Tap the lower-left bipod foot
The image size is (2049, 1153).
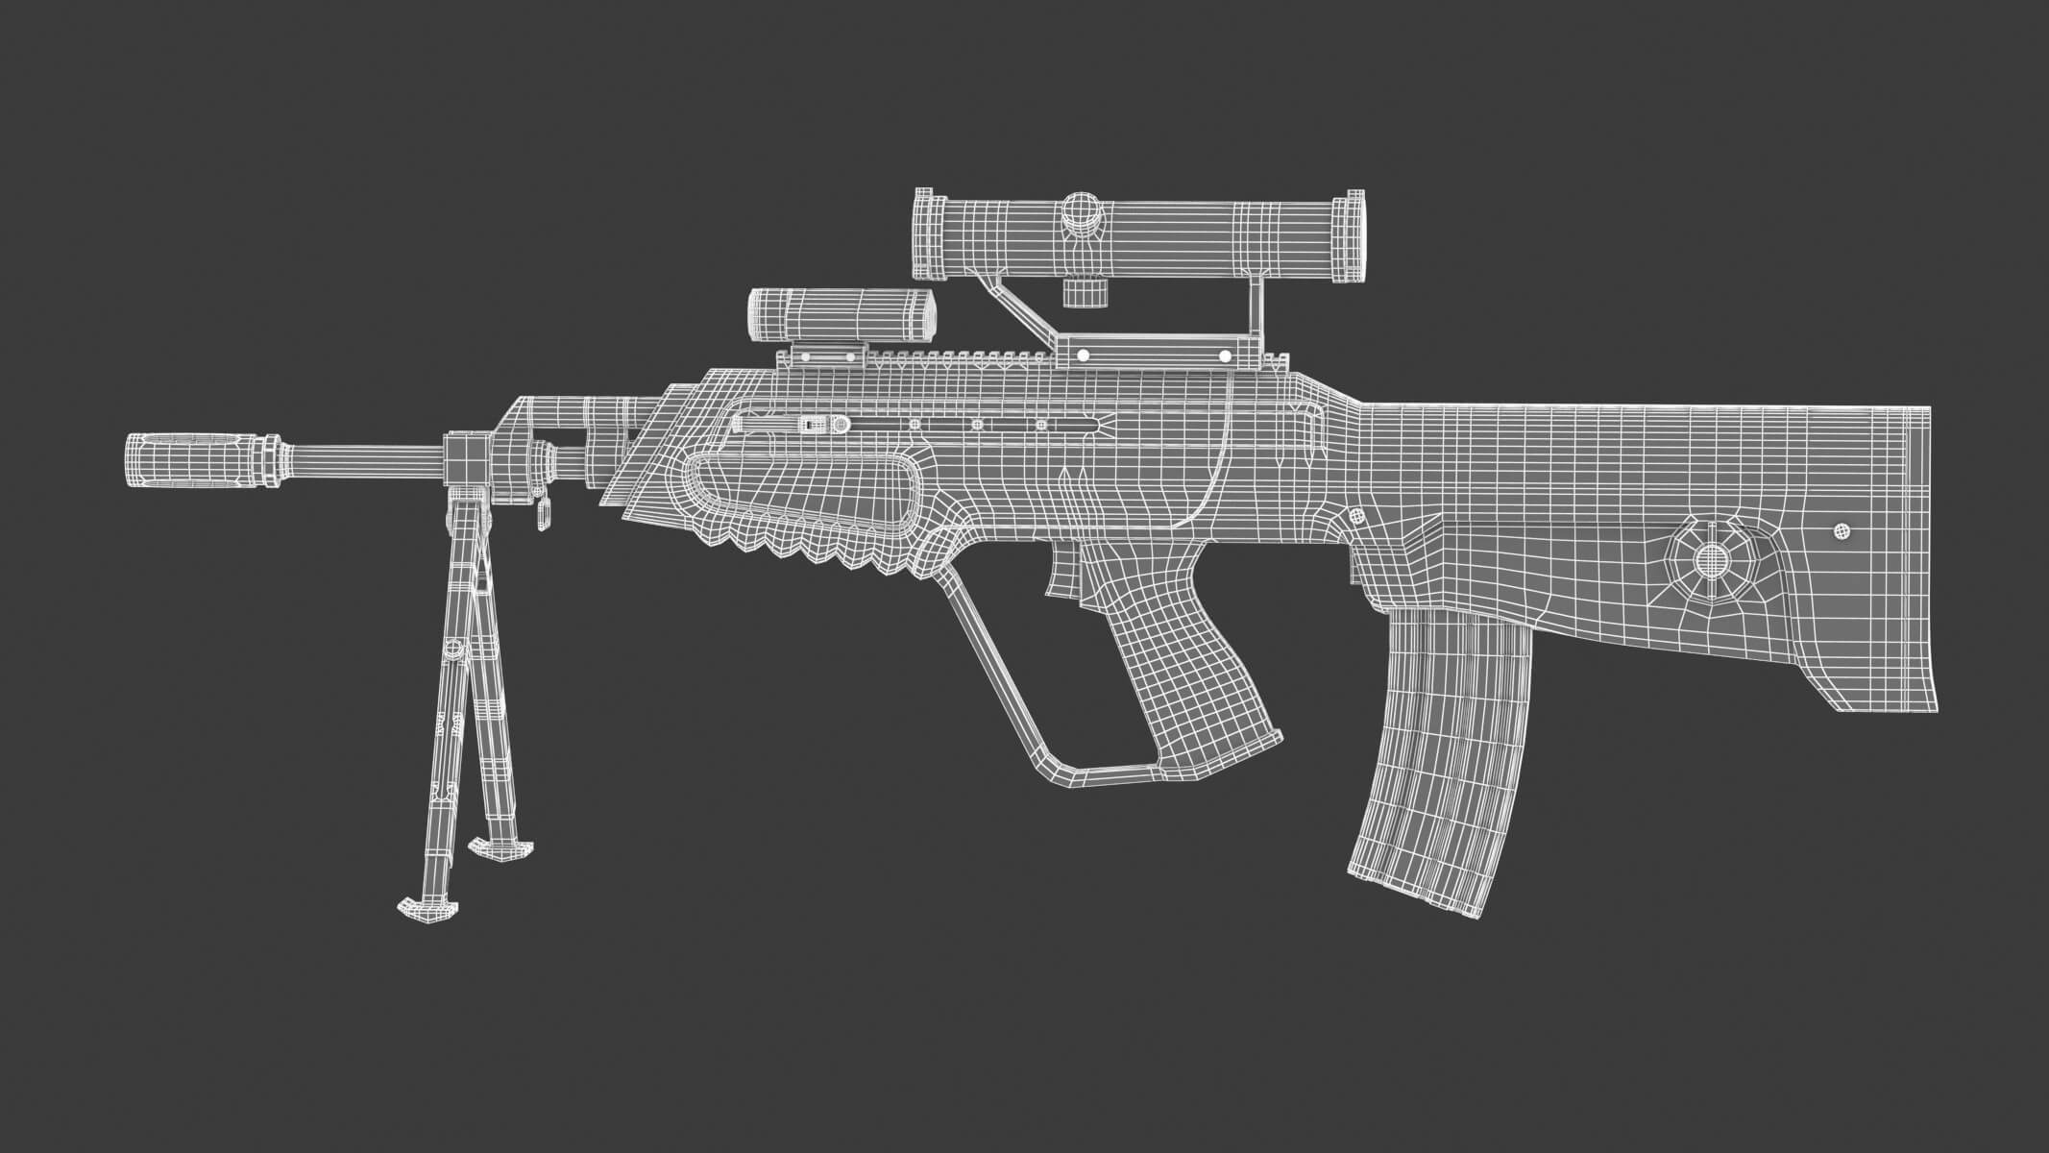[x=424, y=907]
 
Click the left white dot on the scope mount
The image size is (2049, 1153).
[x=1083, y=356]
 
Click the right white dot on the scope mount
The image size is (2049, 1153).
[x=1226, y=356]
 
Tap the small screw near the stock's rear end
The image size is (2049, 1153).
[x=1842, y=530]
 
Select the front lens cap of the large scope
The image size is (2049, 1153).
[x=923, y=237]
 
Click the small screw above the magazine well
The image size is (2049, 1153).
[x=1356, y=516]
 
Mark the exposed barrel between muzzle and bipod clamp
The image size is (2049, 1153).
[x=365, y=458]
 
